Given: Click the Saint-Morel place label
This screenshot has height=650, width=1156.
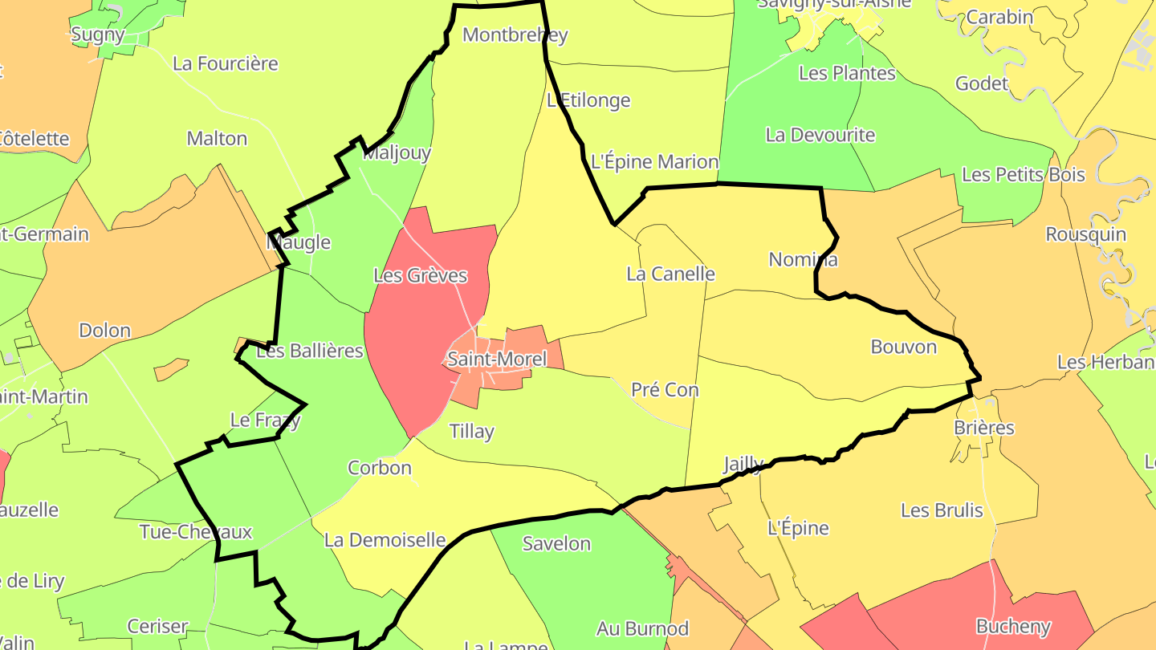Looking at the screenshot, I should point(497,359).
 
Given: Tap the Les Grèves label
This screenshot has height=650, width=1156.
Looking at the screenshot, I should point(420,275).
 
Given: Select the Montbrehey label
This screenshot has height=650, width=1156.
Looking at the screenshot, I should point(515,35).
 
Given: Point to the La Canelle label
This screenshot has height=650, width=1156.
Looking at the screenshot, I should point(670,274).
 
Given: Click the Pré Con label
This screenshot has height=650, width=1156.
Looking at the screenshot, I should point(665,389).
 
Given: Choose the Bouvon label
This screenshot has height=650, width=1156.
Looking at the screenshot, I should point(903,347).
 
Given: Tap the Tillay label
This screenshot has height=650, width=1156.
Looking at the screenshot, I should point(471,431).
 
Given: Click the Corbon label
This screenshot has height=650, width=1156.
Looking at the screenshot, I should point(379,467).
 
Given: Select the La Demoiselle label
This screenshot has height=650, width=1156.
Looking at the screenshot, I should point(385,540).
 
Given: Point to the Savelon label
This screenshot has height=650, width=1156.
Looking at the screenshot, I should point(556,543).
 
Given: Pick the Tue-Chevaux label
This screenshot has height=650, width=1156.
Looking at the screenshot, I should point(196,531).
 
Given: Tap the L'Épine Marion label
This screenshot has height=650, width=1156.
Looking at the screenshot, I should point(654,161).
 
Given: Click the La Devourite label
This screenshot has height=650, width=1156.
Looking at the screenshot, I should point(820,135).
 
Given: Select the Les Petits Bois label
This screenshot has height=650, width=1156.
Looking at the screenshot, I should point(1023,174).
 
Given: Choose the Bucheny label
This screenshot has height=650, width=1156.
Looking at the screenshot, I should point(1012,625).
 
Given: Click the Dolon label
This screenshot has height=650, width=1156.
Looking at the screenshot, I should point(104,330).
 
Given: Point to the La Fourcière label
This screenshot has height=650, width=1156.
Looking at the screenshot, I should point(225,63).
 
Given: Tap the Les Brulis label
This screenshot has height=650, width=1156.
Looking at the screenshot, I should point(942,510).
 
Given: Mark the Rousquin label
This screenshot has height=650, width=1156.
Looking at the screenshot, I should point(1085,234).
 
